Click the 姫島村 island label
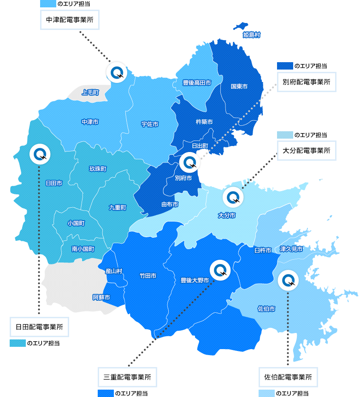tap(252, 35)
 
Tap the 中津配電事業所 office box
tap(70, 21)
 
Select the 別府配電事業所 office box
tap(307, 82)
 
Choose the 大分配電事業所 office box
tap(307, 151)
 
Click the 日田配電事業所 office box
tap(39, 327)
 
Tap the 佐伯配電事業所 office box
tap(288, 377)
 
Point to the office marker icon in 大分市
tap(233, 198)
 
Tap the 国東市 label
tap(239, 86)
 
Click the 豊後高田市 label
tap(197, 83)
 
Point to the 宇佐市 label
tap(150, 124)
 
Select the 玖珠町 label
tap(98, 169)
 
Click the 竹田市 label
tap(148, 276)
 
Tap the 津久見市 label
tap(291, 249)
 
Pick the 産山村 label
tap(113, 271)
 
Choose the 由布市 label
tap(170, 204)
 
